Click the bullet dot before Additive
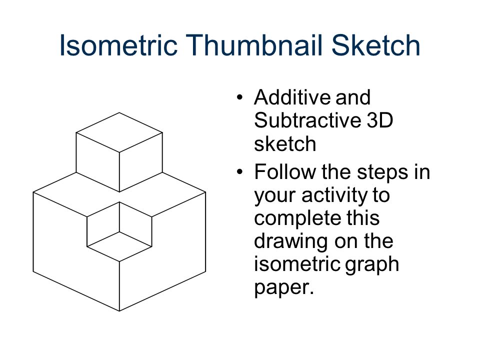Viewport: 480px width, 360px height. tap(241, 97)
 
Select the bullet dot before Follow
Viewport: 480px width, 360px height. tap(241, 173)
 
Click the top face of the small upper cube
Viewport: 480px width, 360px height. tap(119, 132)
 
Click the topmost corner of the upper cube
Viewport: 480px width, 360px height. tap(119, 113)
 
